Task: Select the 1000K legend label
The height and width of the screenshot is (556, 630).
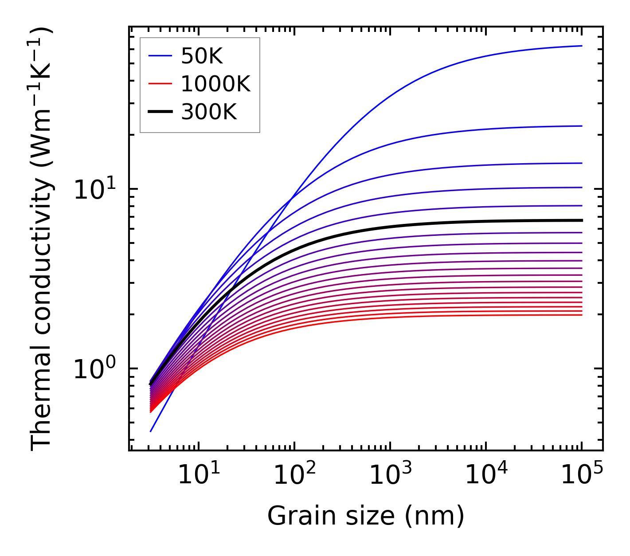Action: pos(215,84)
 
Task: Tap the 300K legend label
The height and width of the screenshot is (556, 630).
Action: pos(209,112)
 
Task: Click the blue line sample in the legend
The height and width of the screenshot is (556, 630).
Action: pos(160,56)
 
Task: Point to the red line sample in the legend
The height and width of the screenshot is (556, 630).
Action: pos(160,84)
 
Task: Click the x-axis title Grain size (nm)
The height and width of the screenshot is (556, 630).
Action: pos(366,517)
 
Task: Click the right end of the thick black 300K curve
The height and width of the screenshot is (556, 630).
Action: pos(581,220)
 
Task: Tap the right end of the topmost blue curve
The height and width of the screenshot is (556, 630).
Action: pos(581,46)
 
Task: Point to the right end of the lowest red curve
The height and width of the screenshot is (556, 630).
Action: pos(581,315)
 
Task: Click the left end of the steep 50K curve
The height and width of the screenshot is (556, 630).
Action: pos(151,431)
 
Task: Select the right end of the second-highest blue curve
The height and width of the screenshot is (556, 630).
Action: pos(581,126)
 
